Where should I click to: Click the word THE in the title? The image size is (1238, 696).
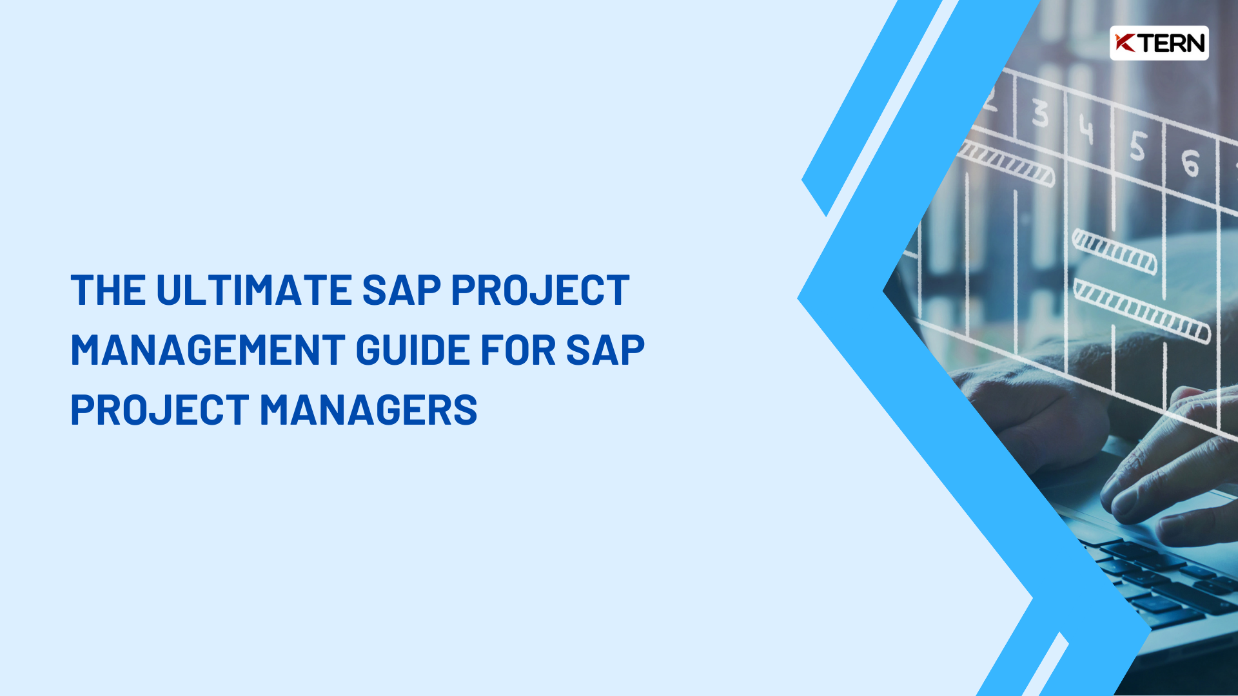coord(108,291)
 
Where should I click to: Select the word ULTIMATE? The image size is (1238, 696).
coord(253,291)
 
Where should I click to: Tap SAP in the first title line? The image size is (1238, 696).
coord(401,291)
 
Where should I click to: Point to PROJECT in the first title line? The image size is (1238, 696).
coord(540,291)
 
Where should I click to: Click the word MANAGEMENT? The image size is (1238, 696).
coord(208,351)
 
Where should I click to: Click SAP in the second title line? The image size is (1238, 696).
coord(605,351)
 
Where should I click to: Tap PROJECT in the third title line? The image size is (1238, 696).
coord(159,411)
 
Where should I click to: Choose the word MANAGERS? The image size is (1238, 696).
coord(368,411)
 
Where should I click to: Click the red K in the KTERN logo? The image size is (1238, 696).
coord(1125,43)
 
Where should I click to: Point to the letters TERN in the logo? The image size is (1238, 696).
coord(1171,43)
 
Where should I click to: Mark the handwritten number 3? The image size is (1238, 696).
coord(1039,113)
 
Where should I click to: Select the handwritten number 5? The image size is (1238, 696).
coord(1137,146)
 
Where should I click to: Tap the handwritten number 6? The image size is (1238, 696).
coord(1190,162)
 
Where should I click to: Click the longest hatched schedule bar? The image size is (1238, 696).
coord(1141,311)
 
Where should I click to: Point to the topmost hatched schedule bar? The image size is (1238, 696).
coord(1006,163)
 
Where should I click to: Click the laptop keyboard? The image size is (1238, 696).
coord(1161,580)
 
